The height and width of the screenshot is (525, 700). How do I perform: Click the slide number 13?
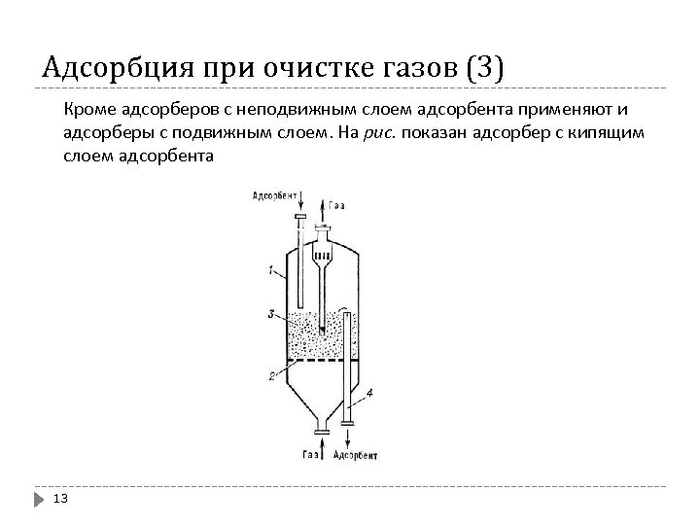click(60, 499)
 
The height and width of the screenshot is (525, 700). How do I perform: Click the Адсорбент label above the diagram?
click(275, 195)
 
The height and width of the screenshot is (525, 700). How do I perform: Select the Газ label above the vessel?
click(336, 205)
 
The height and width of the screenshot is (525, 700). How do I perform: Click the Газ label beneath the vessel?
click(311, 454)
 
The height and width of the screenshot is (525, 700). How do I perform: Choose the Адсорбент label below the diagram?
click(356, 454)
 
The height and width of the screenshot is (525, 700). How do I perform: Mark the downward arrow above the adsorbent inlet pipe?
click(300, 202)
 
